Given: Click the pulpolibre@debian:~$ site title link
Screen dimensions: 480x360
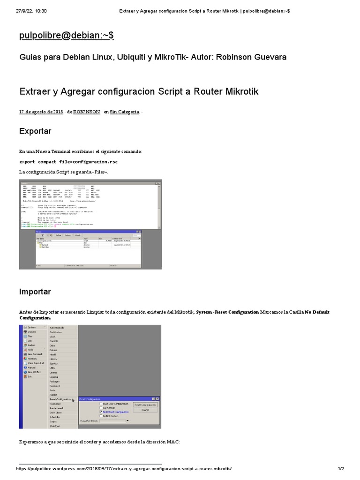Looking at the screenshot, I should [x=66, y=36].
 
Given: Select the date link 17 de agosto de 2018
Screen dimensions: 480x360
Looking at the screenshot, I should [x=41, y=112].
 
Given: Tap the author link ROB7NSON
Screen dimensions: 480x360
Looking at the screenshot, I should [x=87, y=112].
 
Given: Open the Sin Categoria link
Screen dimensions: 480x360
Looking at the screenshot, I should [x=125, y=112].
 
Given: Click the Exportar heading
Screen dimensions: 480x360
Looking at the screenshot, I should [x=35, y=131].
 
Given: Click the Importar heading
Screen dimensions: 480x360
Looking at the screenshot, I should [x=35, y=292].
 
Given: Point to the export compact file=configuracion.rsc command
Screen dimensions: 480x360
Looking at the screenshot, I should [x=68, y=162].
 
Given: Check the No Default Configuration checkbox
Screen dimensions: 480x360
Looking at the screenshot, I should [x=100, y=412].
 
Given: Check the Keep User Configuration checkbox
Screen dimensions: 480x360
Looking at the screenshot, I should [x=100, y=404].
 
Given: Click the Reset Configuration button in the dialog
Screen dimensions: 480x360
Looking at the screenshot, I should [x=145, y=405].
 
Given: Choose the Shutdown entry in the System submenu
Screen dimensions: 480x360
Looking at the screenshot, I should [x=55, y=426].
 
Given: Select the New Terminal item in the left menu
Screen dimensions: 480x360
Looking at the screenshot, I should [x=34, y=354].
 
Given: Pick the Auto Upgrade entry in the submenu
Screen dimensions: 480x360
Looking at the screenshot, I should [x=57, y=327].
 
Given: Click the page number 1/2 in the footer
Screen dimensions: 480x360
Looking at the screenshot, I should [x=341, y=469].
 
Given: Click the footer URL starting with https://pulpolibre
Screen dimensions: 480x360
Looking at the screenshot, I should [x=124, y=469].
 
